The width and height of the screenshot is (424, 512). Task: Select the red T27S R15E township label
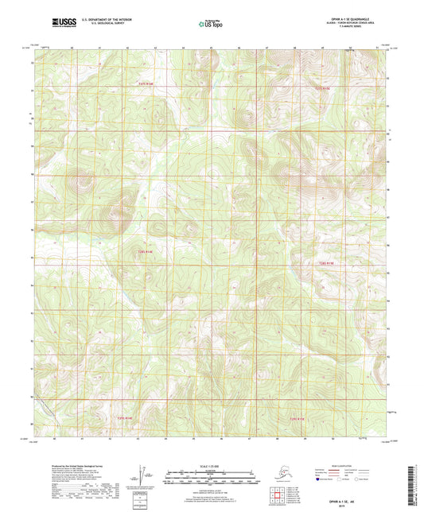point(321,87)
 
